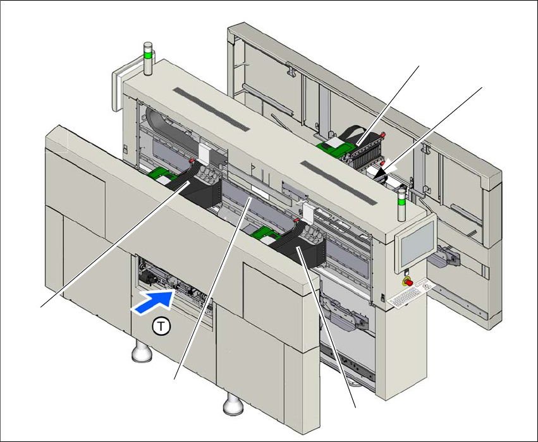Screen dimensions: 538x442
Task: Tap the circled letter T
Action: (x=163, y=326)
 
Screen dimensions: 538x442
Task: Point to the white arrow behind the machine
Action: (x=384, y=169)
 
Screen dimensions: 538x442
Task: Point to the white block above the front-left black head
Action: (x=206, y=152)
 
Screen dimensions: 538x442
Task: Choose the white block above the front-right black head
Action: (x=308, y=212)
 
